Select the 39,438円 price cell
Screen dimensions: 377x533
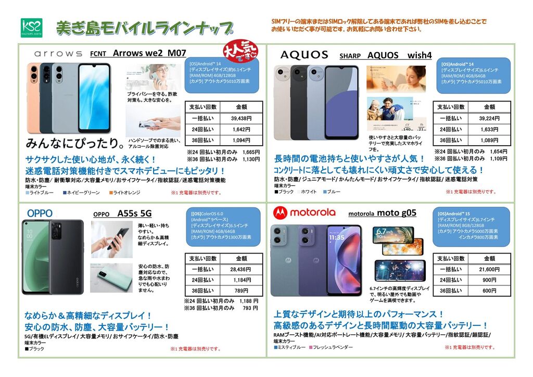tap(241, 118)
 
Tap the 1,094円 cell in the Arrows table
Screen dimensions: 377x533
tap(241, 141)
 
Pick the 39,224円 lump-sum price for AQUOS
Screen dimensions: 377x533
tap(489, 118)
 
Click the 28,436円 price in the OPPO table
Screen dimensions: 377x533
tap(241, 269)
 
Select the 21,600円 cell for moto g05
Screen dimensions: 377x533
tap(489, 269)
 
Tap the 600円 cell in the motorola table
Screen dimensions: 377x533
tap(489, 291)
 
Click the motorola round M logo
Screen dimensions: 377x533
tap(281, 212)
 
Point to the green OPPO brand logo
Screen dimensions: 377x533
tap(40, 213)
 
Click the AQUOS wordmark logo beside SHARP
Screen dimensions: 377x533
tap(304, 55)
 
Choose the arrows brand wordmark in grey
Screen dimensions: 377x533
tap(58, 54)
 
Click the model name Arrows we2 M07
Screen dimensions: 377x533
tap(149, 53)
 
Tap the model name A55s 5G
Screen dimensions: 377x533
tap(134, 213)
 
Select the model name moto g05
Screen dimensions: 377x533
tap(397, 212)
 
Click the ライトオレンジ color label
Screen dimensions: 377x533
tap(126, 193)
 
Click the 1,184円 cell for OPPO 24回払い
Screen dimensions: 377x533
tap(241, 280)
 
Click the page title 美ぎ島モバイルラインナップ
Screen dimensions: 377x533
tap(144, 27)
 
